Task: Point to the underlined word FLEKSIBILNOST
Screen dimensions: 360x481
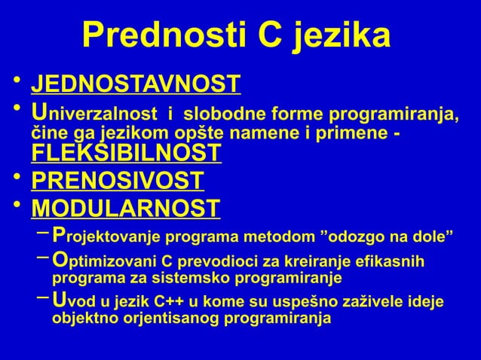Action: coord(126,154)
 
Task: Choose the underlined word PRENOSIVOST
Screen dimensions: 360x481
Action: coord(118,181)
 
